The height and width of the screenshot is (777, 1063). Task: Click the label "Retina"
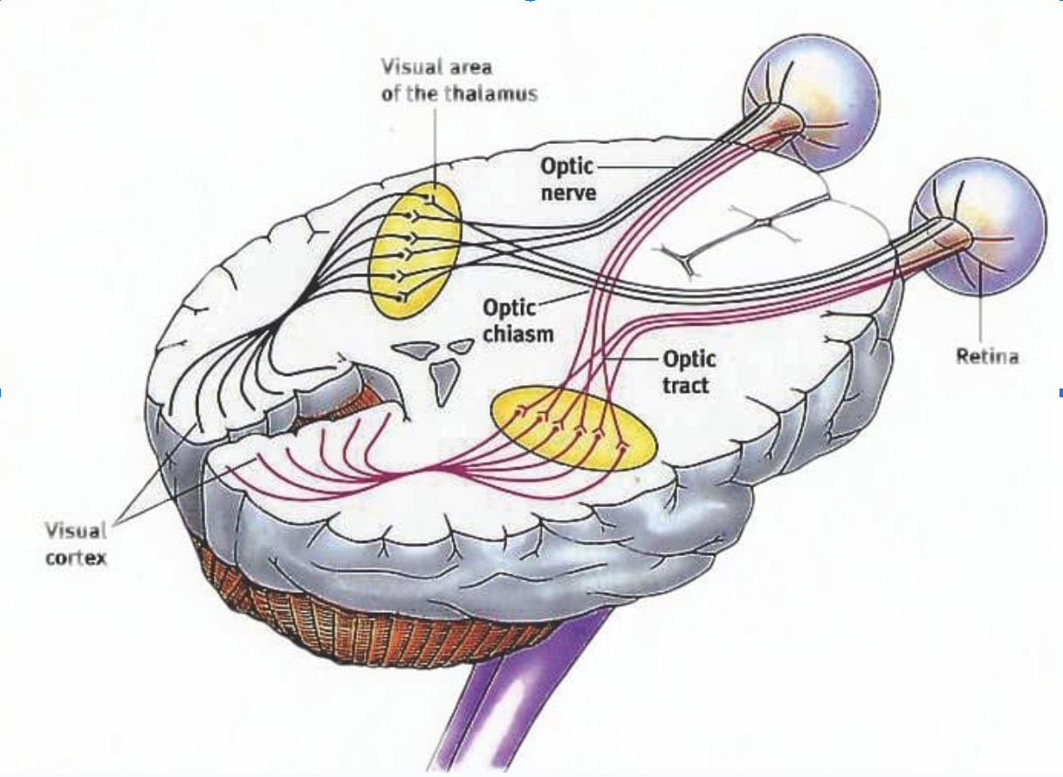(987, 356)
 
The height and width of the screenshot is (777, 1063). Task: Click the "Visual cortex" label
(77, 543)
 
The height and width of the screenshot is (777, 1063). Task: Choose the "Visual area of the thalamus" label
(458, 79)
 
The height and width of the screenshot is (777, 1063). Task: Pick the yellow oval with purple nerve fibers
(573, 428)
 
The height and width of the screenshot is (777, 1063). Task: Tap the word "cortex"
(77, 557)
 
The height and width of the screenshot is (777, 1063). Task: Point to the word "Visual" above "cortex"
(77, 530)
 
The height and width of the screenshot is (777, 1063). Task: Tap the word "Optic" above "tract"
(689, 358)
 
